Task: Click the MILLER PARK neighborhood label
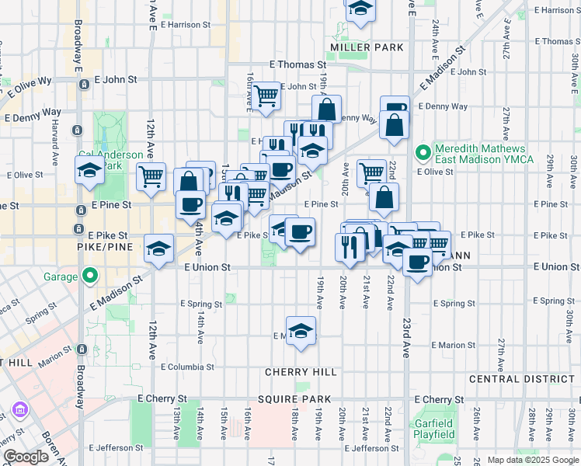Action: click(x=367, y=47)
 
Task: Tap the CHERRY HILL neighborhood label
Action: click(x=301, y=372)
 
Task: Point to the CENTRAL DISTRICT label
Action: click(x=521, y=379)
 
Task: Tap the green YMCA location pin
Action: click(x=423, y=151)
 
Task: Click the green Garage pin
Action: click(x=90, y=276)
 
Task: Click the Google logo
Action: click(x=26, y=457)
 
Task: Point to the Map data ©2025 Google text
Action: click(x=532, y=460)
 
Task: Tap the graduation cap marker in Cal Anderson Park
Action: click(x=89, y=170)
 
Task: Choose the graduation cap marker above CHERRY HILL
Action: click(x=301, y=330)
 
